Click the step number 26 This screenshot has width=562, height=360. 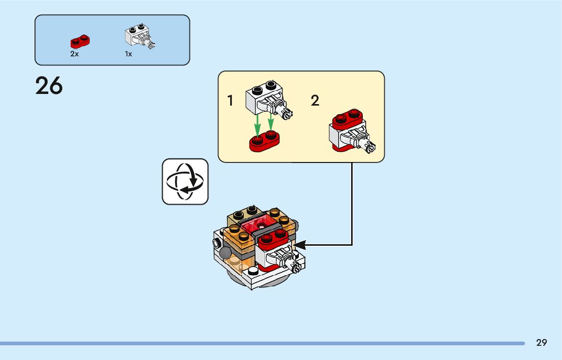click(x=49, y=86)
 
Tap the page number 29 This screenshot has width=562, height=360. click(x=542, y=343)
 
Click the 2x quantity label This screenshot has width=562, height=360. click(x=74, y=54)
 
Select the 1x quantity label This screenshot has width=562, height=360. click(x=129, y=54)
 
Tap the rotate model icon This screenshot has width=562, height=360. click(x=185, y=181)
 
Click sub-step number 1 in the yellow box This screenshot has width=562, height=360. click(x=231, y=101)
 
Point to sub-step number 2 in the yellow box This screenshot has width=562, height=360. click(x=315, y=101)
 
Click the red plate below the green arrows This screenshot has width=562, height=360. click(x=265, y=142)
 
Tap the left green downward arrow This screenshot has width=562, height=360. click(x=258, y=124)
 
